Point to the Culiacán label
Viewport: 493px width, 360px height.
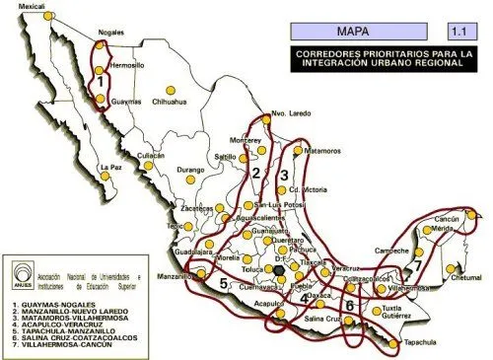[x=151, y=155]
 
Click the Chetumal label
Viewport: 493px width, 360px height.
[x=466, y=278]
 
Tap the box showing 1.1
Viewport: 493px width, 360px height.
[x=459, y=31]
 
